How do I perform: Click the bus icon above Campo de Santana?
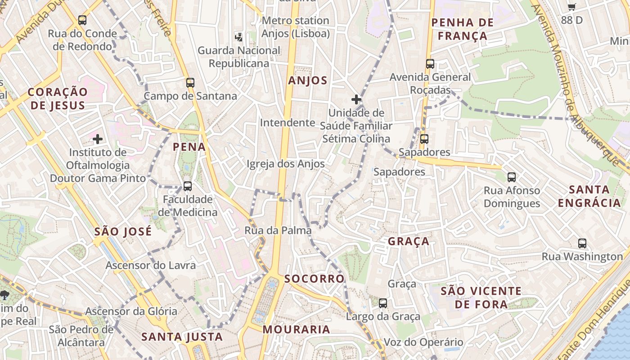click(x=190, y=83)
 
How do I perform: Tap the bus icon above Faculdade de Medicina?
click(x=188, y=186)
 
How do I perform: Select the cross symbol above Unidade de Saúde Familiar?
click(x=356, y=99)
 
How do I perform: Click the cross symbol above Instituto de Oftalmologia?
click(x=98, y=139)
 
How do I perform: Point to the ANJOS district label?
click(x=308, y=81)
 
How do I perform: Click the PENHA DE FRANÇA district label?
click(x=463, y=29)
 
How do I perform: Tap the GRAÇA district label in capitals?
click(x=409, y=242)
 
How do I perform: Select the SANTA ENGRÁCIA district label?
click(x=589, y=196)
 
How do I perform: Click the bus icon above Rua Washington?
click(x=582, y=243)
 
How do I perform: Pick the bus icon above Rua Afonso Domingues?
click(x=512, y=177)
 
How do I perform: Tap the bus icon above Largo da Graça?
click(x=383, y=303)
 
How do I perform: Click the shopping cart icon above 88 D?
click(x=571, y=7)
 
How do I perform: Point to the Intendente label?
click(x=288, y=123)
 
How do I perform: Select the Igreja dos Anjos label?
click(x=285, y=164)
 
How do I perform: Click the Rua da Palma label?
click(x=278, y=231)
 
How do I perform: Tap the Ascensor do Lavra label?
click(x=151, y=265)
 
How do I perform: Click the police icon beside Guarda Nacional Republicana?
click(x=239, y=37)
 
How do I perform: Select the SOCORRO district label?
click(x=315, y=279)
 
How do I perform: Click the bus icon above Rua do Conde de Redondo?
click(x=82, y=20)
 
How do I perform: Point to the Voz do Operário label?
click(x=423, y=342)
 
